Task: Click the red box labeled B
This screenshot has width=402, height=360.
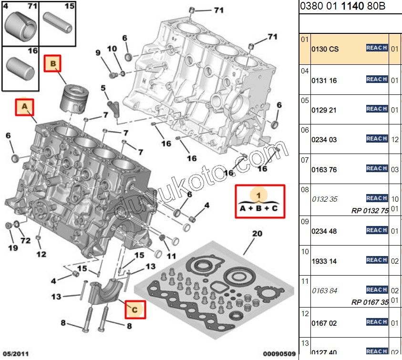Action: [53, 63]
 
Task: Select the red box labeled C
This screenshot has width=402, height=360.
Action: [134, 309]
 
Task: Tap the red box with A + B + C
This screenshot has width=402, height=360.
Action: [259, 201]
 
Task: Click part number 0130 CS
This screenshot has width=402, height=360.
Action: [325, 49]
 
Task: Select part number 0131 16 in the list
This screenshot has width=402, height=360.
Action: [324, 81]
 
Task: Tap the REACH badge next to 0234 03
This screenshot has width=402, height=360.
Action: [377, 138]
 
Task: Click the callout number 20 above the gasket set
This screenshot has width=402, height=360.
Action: [257, 234]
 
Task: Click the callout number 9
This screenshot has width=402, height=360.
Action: [98, 52]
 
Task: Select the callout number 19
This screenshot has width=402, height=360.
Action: [13, 247]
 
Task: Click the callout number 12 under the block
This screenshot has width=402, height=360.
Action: [41, 254]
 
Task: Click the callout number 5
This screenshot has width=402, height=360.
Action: [103, 88]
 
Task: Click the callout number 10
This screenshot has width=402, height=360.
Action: [112, 49]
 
